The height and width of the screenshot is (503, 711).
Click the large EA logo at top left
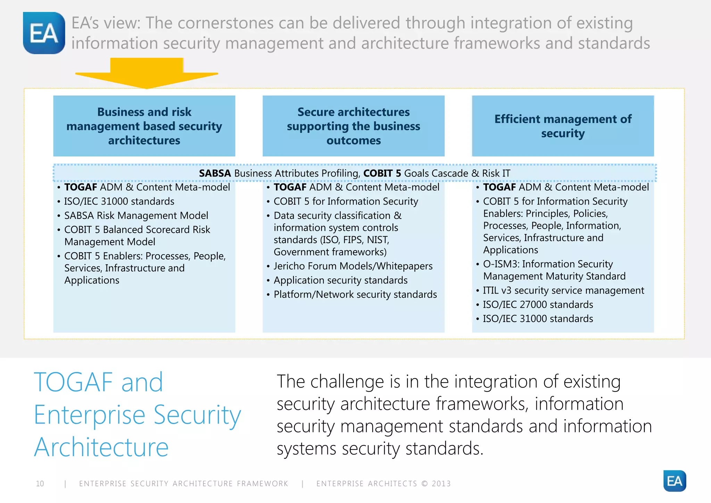(44, 33)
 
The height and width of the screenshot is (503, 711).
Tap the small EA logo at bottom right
(674, 481)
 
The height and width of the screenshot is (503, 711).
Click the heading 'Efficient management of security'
(562, 126)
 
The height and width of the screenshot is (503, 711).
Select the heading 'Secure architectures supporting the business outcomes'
(353, 126)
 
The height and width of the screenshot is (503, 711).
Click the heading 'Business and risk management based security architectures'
(144, 126)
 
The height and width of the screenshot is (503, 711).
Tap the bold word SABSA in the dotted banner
(215, 173)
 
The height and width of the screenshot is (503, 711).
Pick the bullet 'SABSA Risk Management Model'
(136, 215)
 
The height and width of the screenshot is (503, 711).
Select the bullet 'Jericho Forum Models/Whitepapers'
(353, 266)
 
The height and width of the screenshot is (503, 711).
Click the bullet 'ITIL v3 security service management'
(563, 290)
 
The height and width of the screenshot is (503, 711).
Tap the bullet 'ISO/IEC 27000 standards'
(538, 305)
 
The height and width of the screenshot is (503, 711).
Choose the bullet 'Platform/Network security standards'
(355, 295)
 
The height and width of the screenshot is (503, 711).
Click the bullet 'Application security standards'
(340, 280)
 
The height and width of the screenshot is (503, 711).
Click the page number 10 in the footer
(40, 484)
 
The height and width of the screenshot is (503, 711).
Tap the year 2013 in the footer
(441, 484)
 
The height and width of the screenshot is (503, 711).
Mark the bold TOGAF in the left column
(81, 187)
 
